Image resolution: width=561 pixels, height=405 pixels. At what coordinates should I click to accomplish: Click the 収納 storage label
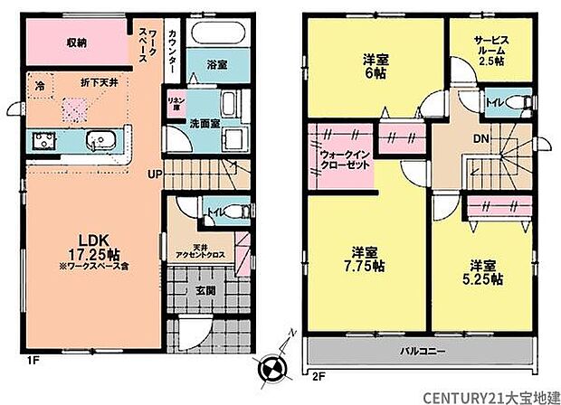(x=74, y=42)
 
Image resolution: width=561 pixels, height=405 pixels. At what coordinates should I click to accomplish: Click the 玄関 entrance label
(x=204, y=290)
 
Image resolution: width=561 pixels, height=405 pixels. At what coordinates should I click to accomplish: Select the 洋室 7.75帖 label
(x=369, y=259)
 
